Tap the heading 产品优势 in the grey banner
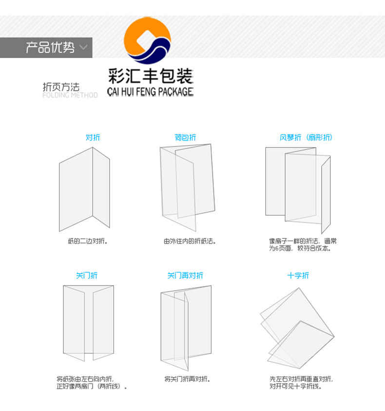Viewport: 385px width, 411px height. point(50,48)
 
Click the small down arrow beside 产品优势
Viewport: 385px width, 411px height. point(83,48)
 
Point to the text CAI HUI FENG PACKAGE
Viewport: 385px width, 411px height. point(150,92)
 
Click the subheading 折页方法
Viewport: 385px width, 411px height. point(61,87)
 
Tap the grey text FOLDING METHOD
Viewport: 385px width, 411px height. point(70,95)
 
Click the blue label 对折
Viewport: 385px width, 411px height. point(93,138)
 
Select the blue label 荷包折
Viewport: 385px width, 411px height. point(185,138)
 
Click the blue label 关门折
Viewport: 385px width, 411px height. point(86,276)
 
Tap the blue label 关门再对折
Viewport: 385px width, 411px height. point(185,276)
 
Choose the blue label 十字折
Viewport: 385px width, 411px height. point(298,276)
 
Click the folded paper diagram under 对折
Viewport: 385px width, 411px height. point(84,189)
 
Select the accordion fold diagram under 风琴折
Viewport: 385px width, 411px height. point(298,187)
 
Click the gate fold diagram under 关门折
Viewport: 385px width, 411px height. point(88,323)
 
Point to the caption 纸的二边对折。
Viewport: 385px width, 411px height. point(88,241)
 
